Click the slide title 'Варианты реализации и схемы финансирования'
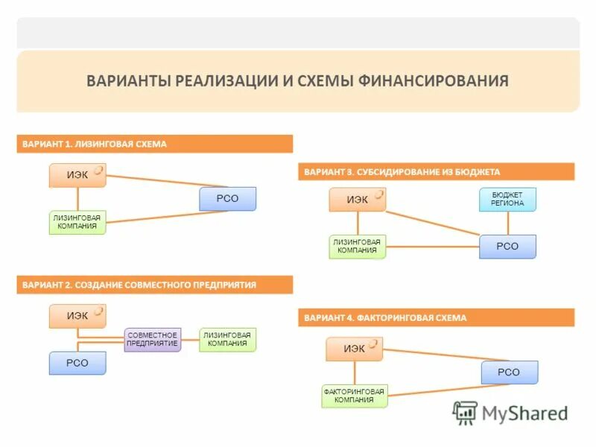tap(297, 80)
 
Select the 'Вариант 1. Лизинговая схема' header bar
tap(154, 144)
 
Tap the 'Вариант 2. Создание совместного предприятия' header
tap(154, 285)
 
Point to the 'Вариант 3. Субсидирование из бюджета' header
tap(436, 171)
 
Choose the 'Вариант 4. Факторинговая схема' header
tap(436, 317)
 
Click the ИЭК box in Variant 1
tap(77, 175)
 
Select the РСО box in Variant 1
tap(227, 198)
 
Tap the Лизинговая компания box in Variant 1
tap(77, 222)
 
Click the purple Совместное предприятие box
tap(152, 339)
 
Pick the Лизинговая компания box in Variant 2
tap(227, 339)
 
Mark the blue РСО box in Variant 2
tap(77, 363)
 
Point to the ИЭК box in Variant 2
tap(77, 316)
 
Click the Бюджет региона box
tap(507, 199)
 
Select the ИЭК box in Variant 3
tap(358, 199)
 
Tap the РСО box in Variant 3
tap(507, 246)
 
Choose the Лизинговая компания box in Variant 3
tap(358, 246)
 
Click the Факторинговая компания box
tap(354, 396)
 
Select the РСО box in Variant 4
tap(509, 372)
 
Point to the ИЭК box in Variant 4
tap(354, 349)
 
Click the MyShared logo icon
tap(466, 413)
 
